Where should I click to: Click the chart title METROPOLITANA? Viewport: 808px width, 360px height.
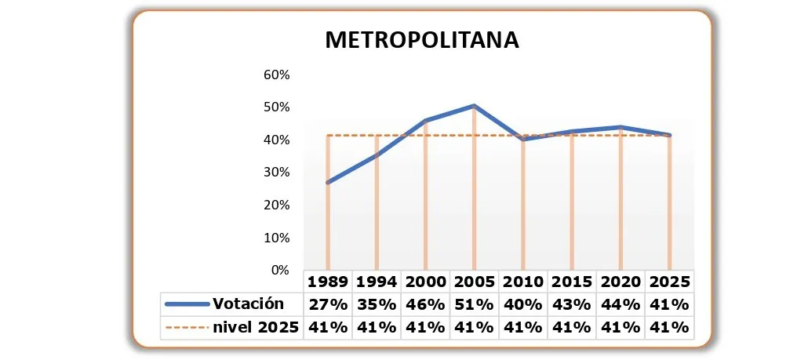click(422, 40)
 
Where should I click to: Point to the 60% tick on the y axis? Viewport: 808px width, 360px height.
click(276, 75)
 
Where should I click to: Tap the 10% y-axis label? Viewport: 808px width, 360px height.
click(276, 238)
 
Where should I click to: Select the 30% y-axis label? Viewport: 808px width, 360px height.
click(276, 172)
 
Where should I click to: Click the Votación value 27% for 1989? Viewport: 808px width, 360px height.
click(328, 304)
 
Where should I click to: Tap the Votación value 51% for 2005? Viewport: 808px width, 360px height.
click(474, 304)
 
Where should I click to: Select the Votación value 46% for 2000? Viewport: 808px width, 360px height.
click(425, 304)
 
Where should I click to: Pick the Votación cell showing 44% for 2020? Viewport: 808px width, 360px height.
click(620, 304)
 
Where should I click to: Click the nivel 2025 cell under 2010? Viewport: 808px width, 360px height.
click(522, 328)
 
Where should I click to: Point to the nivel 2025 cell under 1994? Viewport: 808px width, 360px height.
click(377, 328)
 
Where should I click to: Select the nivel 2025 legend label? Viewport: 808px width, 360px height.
click(256, 328)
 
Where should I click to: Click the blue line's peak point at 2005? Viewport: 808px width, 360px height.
click(474, 106)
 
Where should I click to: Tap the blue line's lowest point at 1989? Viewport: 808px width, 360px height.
click(328, 182)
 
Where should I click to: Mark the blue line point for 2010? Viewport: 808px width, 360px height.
click(522, 139)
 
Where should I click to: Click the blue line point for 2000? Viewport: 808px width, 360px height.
click(425, 121)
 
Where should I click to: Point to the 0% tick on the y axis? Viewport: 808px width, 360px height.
click(280, 270)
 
